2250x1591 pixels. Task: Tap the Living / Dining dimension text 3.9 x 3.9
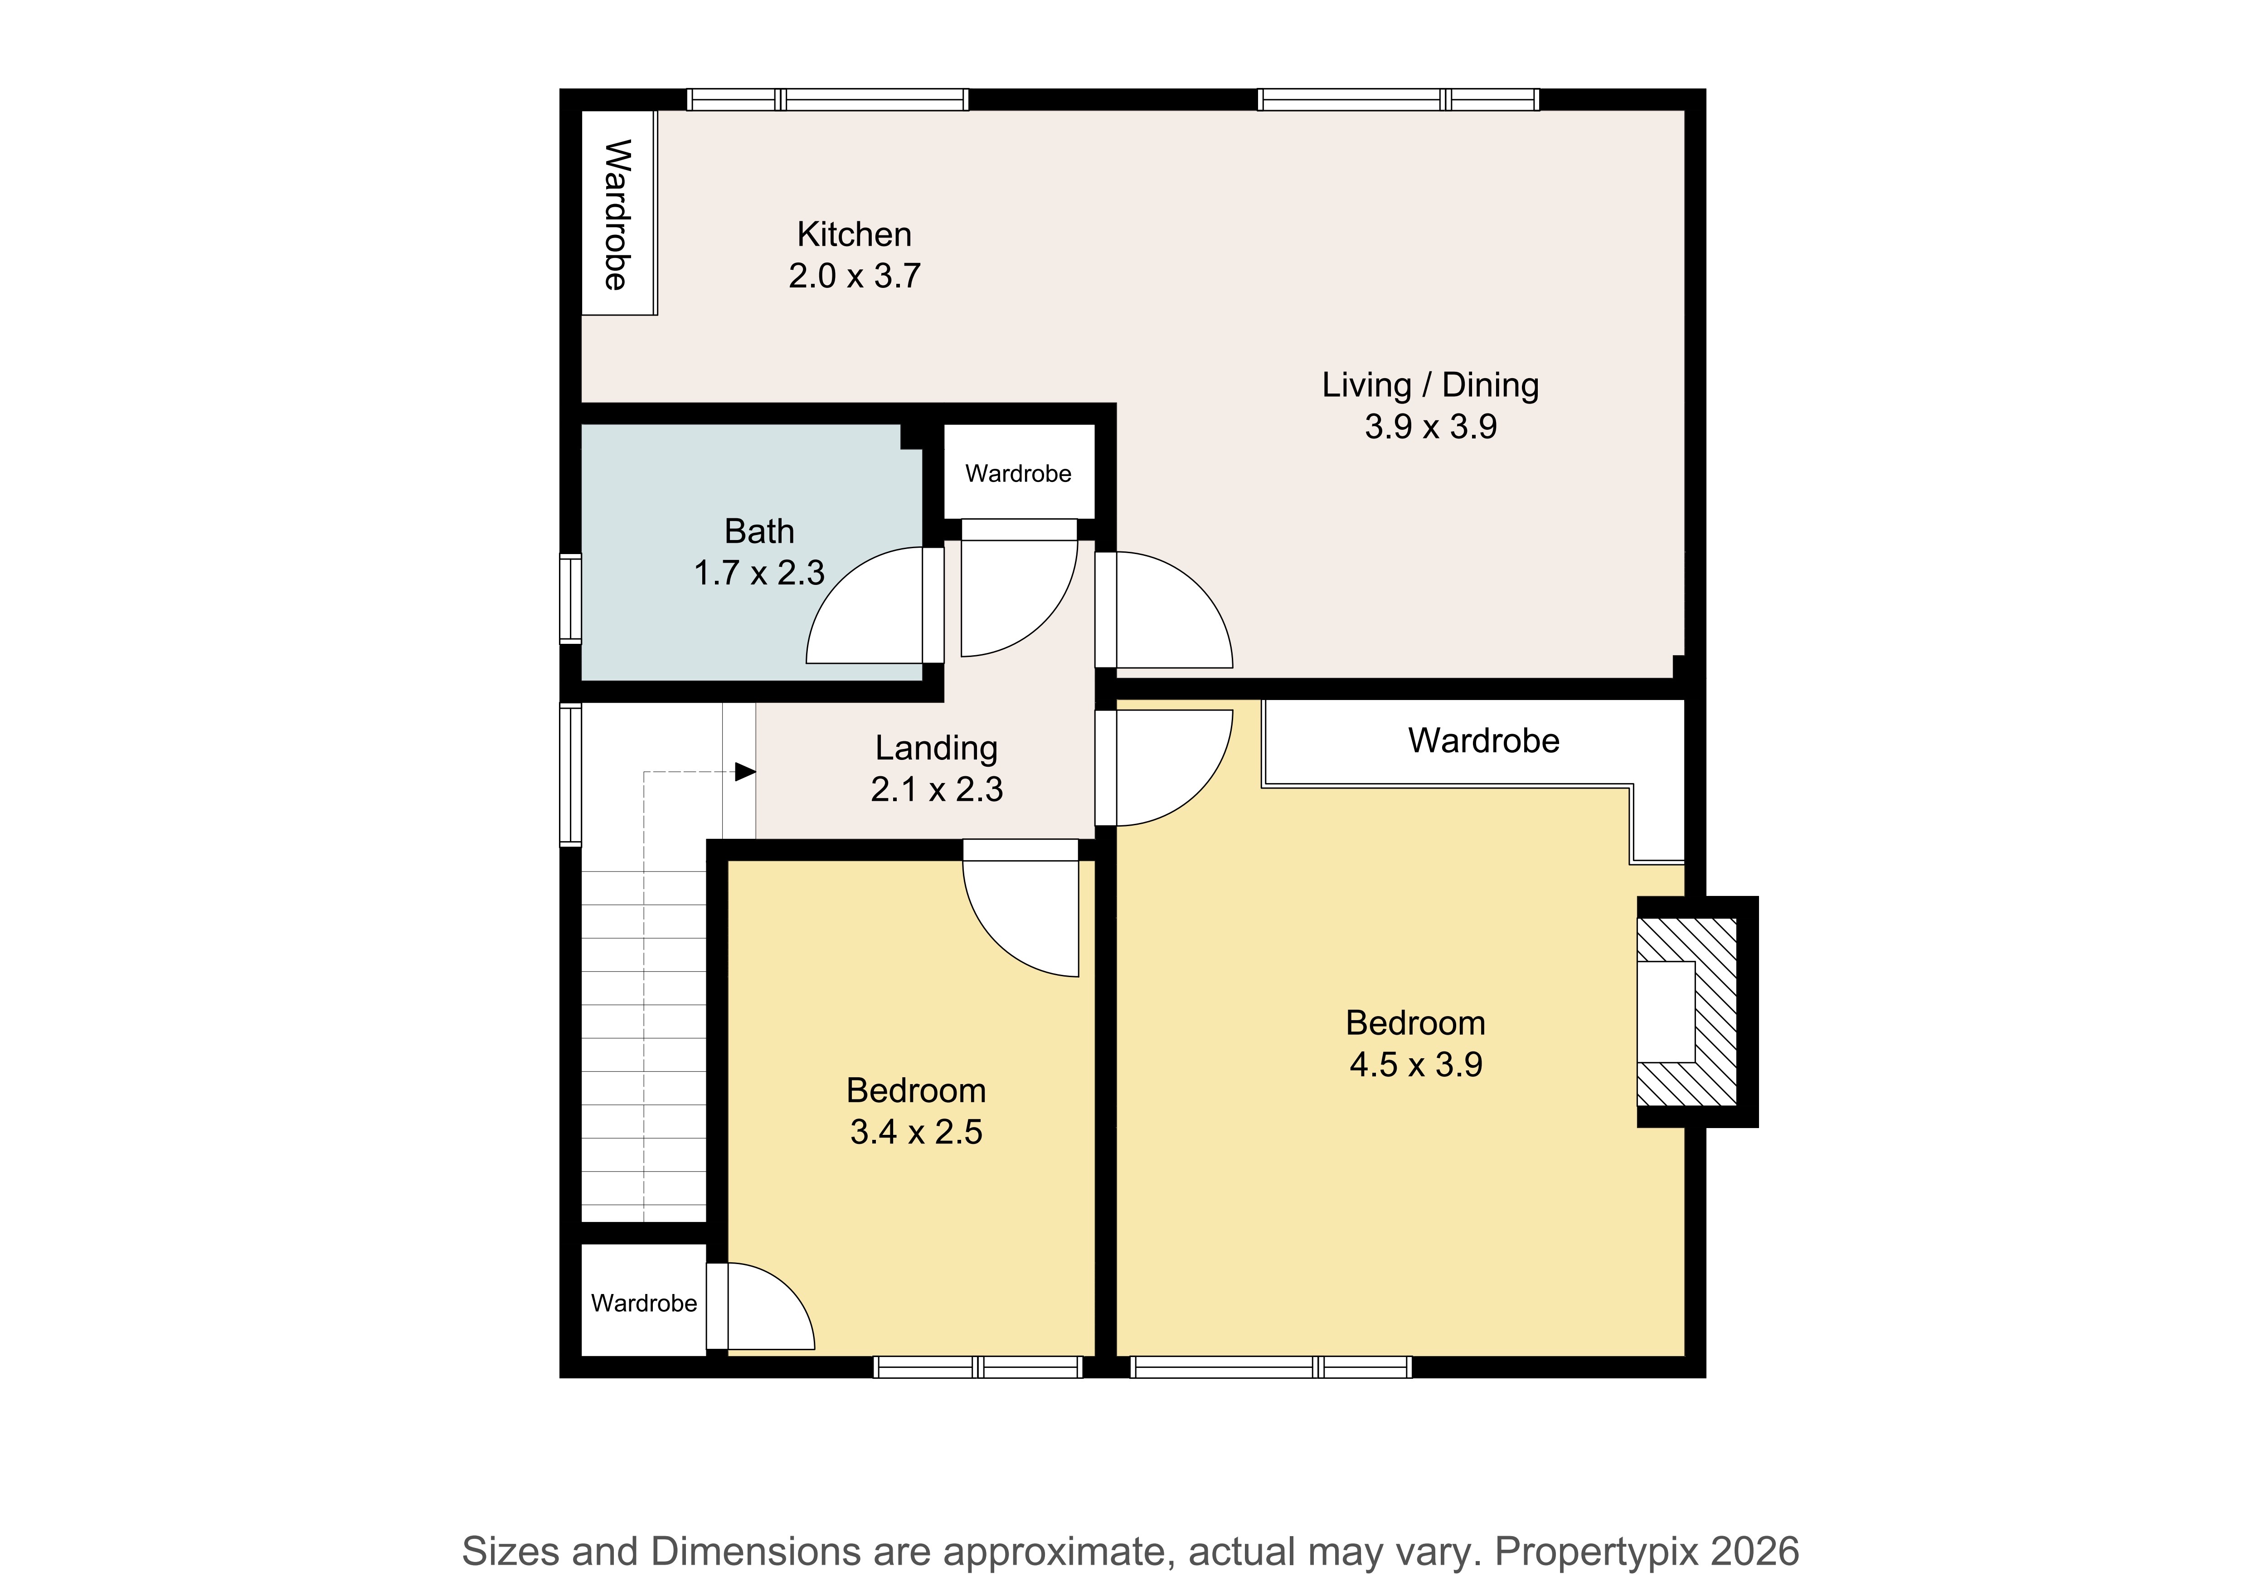(1431, 426)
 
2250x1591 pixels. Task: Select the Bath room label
(759, 531)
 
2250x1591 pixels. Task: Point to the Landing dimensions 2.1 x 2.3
(937, 789)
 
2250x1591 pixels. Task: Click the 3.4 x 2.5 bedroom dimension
(916, 1132)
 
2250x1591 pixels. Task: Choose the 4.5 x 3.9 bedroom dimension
(1416, 1065)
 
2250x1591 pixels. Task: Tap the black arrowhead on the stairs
(745, 773)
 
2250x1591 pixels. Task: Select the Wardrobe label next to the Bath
(1018, 473)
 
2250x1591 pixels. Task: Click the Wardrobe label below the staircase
(644, 1303)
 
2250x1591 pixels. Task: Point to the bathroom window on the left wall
(570, 599)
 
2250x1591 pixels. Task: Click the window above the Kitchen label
(828, 99)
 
